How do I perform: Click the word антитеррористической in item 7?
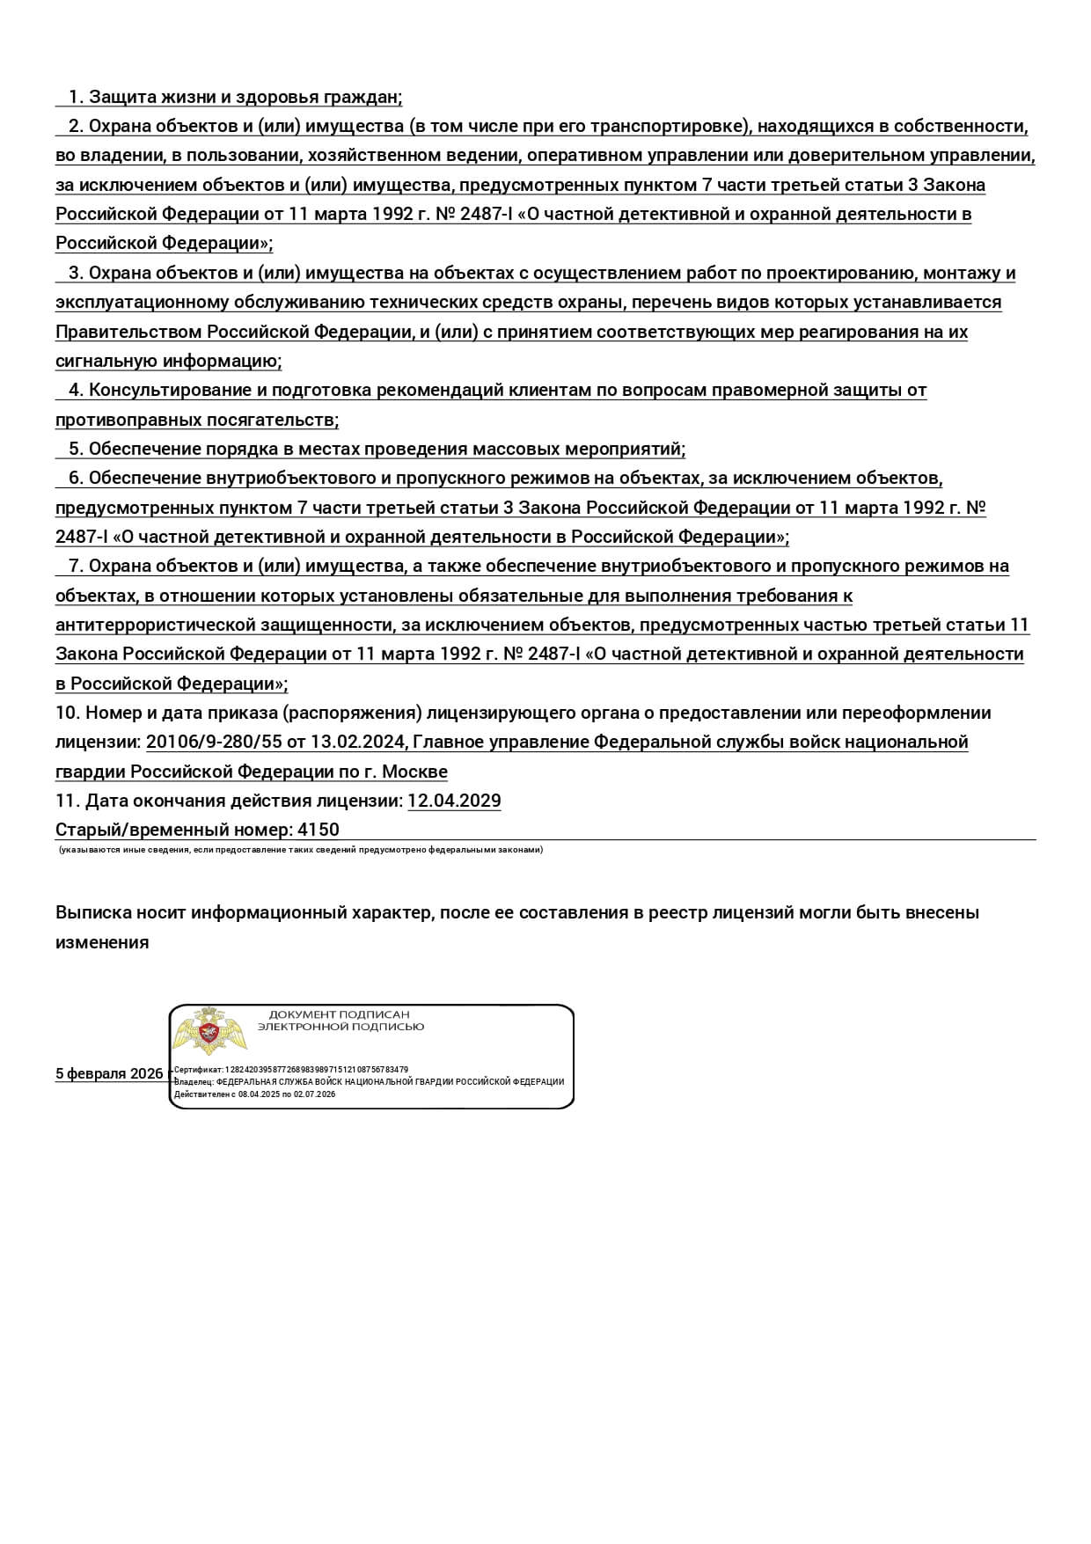pos(155,625)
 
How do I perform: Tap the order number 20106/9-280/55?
pos(214,742)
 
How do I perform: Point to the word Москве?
pos(414,772)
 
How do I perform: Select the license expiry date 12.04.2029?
pos(454,801)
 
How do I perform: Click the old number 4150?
pos(319,830)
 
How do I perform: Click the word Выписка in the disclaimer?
pos(92,912)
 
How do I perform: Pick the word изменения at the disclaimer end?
pos(102,942)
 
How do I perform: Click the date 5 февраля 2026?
pos(109,1073)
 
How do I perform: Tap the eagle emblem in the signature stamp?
pos(209,1032)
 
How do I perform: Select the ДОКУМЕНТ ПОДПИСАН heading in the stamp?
pos(340,1014)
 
